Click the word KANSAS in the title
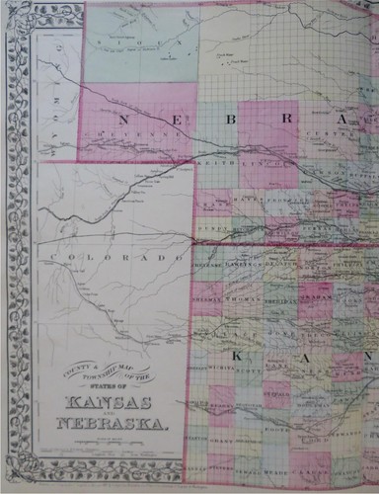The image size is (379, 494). tap(109, 404)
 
